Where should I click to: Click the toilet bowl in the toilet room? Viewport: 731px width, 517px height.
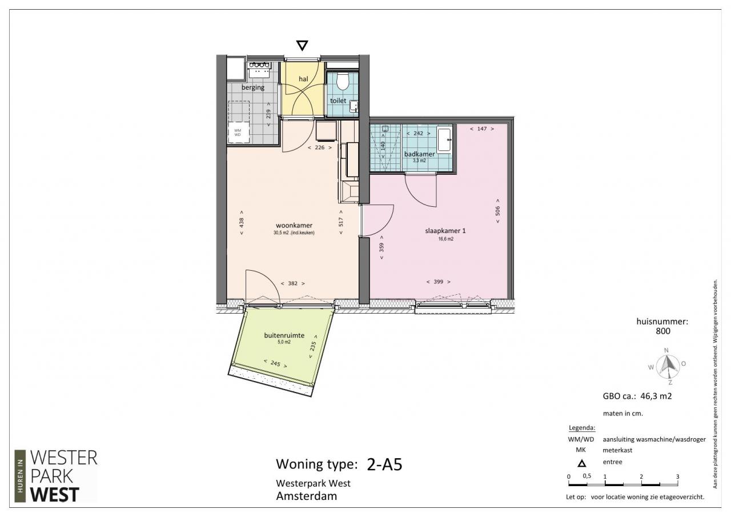343,81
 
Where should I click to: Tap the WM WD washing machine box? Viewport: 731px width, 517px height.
238,132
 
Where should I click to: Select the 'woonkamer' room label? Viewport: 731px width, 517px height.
294,225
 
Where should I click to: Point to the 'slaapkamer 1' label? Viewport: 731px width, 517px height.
445,231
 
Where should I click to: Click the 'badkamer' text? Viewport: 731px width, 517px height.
419,154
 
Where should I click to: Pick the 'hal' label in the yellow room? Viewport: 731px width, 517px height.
303,79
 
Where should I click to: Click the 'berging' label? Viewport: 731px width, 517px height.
253,87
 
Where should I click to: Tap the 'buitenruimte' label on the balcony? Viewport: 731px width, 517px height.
284,335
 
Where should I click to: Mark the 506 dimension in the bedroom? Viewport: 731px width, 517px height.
497,211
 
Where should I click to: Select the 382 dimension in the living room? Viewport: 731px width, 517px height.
293,283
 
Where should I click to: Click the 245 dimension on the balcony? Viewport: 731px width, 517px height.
275,363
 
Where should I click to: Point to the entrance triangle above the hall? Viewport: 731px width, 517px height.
302,45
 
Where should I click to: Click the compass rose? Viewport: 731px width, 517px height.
668,366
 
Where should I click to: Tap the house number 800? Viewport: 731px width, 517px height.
663,331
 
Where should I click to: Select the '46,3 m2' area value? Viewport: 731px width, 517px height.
656,396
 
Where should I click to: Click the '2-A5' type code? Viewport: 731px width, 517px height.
384,464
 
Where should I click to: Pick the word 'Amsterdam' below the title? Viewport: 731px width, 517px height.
307,496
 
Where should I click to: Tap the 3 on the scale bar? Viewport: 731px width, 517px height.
677,476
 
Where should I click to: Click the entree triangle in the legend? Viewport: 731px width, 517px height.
581,463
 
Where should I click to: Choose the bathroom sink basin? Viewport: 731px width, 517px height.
444,140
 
